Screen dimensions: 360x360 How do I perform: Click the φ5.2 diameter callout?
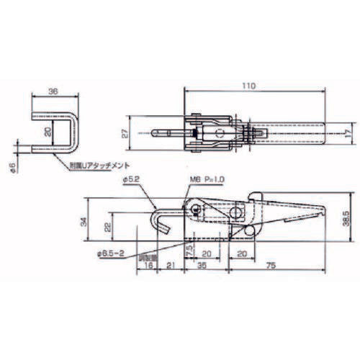click(132, 178)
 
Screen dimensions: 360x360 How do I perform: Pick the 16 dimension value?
click(148, 266)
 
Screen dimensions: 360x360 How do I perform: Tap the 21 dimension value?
click(171, 266)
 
